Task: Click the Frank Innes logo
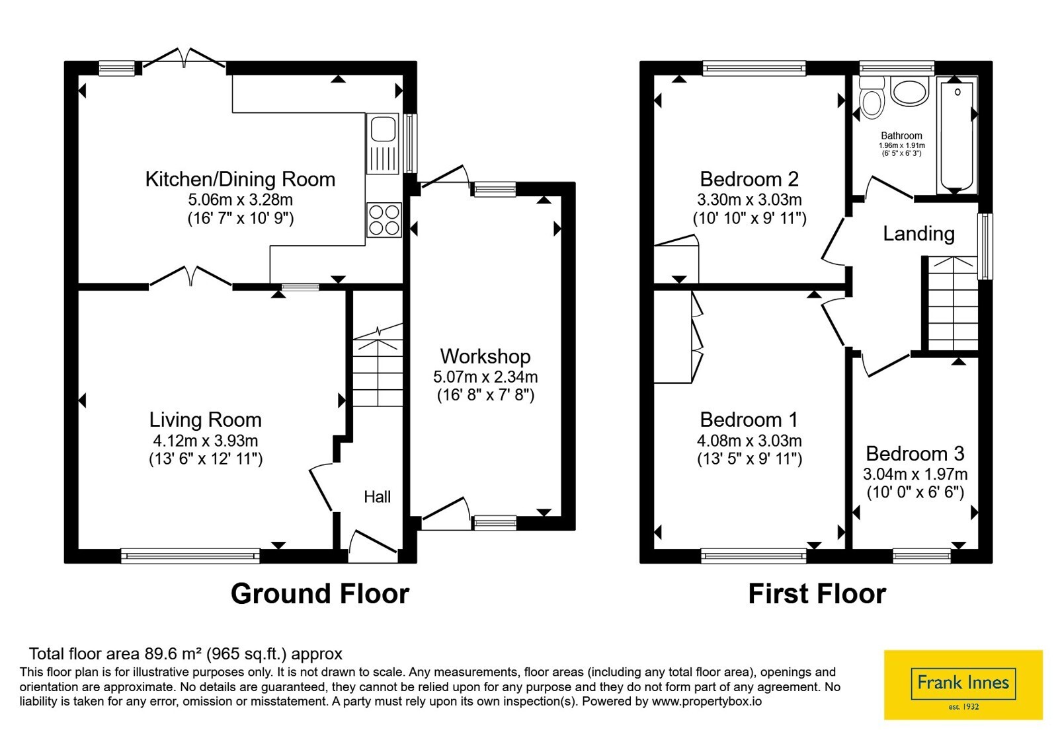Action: [963, 684]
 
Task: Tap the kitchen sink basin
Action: [383, 129]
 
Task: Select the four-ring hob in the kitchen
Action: [384, 220]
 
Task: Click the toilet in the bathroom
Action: [872, 98]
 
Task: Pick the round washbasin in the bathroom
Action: [910, 92]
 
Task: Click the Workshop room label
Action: [485, 356]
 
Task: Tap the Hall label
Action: [377, 496]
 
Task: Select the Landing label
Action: [918, 234]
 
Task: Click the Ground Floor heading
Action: [320, 594]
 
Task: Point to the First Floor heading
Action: [817, 594]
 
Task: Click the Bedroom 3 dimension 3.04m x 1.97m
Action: [915, 474]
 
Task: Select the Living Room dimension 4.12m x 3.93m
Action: [206, 441]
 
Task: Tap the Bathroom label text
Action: [901, 135]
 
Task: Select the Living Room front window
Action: [190, 556]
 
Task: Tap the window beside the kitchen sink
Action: [410, 143]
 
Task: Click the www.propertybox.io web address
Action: [707, 701]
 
